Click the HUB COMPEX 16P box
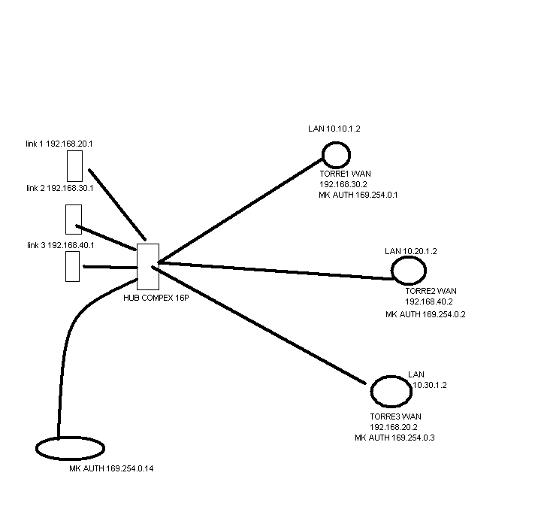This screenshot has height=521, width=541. click(148, 266)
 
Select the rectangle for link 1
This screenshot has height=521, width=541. click(74, 166)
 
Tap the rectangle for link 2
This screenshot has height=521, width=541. click(73, 219)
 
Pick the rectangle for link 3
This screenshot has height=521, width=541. click(72, 266)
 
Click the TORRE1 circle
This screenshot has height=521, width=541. click(336, 155)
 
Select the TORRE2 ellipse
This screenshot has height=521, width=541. click(408, 270)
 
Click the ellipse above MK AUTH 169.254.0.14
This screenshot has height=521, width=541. click(70, 447)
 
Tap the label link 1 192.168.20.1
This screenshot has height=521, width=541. click(59, 143)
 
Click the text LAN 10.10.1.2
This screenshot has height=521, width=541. click(334, 129)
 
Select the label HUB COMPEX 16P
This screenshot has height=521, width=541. click(156, 298)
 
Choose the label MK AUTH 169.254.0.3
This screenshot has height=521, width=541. click(394, 437)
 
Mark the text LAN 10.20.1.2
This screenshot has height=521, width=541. click(410, 251)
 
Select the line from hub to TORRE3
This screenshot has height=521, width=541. click(263, 321)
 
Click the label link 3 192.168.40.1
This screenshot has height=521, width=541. click(59, 245)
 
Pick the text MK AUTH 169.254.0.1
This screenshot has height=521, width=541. click(358, 195)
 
